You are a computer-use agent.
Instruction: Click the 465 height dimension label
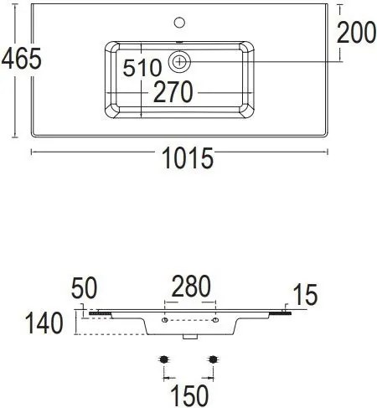coord(21,59)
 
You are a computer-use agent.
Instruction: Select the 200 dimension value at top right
coord(355,33)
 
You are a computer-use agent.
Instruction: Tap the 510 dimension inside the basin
coord(142,69)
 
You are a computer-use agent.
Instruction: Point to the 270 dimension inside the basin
coord(173,92)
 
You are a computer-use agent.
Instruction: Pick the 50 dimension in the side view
coord(85,288)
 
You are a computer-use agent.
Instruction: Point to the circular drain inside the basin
coord(180,60)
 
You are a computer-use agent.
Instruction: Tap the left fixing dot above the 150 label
coord(165,359)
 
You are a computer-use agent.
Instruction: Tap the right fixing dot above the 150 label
coord(214,359)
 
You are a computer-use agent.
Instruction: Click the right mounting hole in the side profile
coord(215,321)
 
